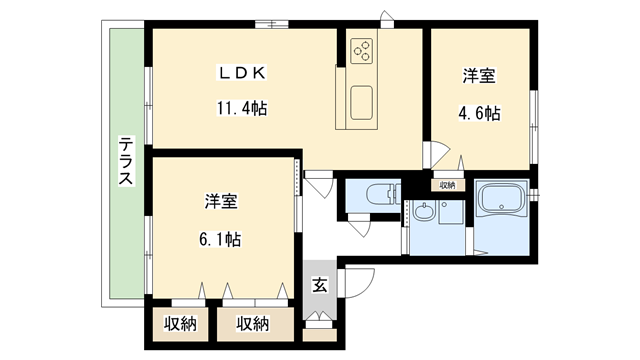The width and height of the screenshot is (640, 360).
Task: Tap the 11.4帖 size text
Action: coord(241,107)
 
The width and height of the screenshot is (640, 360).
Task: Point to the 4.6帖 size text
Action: coord(480,113)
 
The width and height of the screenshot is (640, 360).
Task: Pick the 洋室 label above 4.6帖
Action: coord(480,77)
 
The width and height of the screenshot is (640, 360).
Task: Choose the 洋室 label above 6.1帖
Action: coord(220,202)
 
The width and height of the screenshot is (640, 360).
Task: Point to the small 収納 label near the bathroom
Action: coord(446,185)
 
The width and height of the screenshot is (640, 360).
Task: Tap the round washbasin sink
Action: coord(424,211)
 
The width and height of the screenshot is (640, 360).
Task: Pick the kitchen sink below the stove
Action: coord(362,101)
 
